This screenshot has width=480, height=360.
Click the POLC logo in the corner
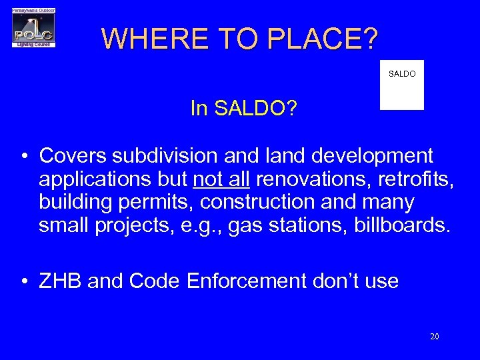coord(33,28)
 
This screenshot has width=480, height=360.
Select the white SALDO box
coord(401,85)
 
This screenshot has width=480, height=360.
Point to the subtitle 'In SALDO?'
coord(243,109)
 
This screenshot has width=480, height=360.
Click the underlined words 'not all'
coord(221,179)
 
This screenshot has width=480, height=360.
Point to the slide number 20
coord(434,337)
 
